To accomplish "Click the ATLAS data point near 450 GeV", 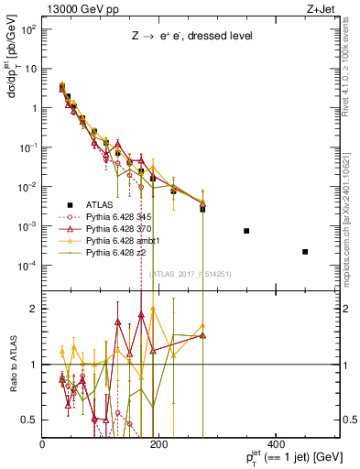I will coord(305,252).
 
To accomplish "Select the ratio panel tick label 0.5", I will coord(30,420).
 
